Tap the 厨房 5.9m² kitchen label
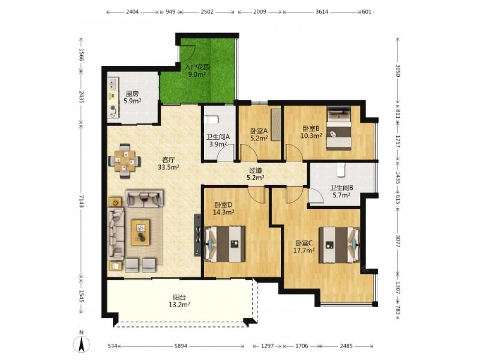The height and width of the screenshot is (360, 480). pos(132,97)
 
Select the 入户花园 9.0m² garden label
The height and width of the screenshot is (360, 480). pos(197,71)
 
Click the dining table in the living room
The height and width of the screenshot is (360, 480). pos(124,161)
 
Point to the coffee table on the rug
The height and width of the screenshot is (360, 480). pos(141,232)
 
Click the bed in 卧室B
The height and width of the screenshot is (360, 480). pos(339,128)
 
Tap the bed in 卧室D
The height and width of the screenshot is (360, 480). pos(224,244)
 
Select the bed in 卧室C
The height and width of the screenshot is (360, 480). pos(339,245)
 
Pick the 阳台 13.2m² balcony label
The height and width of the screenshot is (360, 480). pos(180,300)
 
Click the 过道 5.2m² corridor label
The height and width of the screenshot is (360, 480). pos(255,174)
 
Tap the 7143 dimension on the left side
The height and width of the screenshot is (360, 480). pos(81,201)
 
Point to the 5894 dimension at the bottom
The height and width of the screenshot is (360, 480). pos(180,346)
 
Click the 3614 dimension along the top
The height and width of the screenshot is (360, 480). pos(322,12)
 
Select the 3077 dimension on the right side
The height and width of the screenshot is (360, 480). pos(398,241)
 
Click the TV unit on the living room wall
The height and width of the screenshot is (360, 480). pos(197,235)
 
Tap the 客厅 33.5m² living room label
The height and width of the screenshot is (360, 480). pos(168,164)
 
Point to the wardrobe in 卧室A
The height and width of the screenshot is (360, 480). pos(276,124)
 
